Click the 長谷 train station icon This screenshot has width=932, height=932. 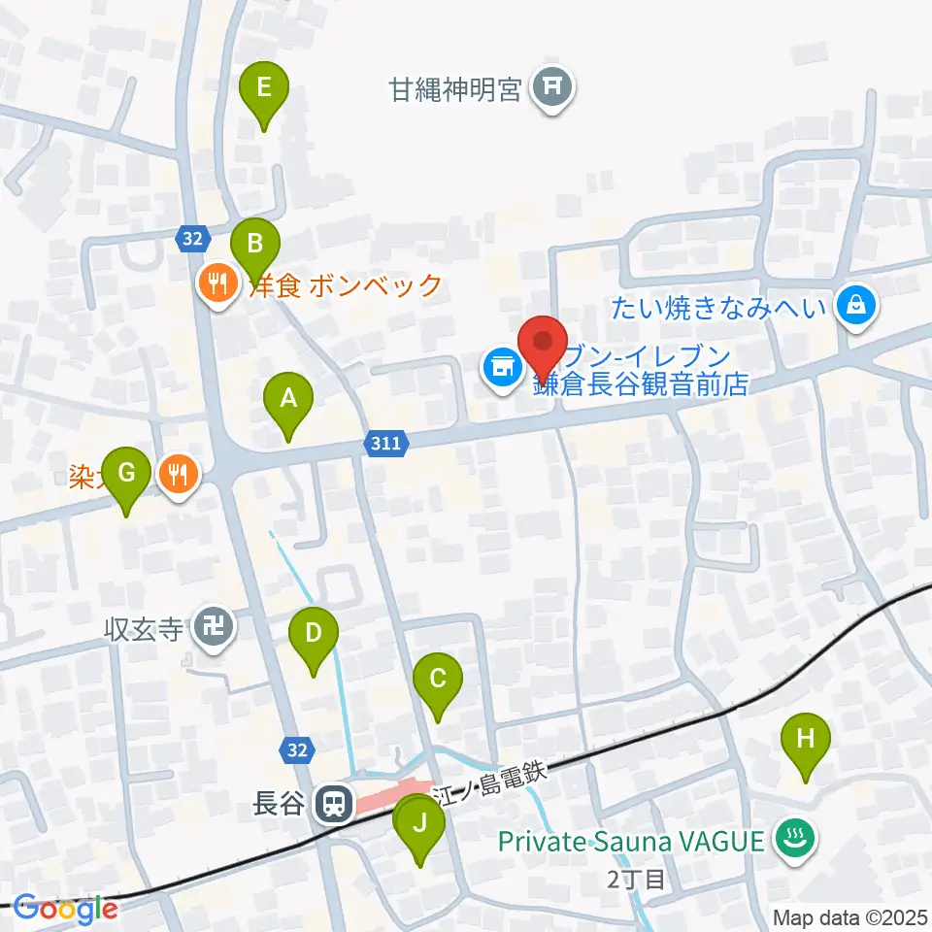334,803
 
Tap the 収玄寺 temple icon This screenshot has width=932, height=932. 214,627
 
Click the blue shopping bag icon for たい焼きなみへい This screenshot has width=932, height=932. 857,307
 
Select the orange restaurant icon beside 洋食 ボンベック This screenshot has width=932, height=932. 216,283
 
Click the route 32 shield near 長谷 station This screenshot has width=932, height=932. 297,749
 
